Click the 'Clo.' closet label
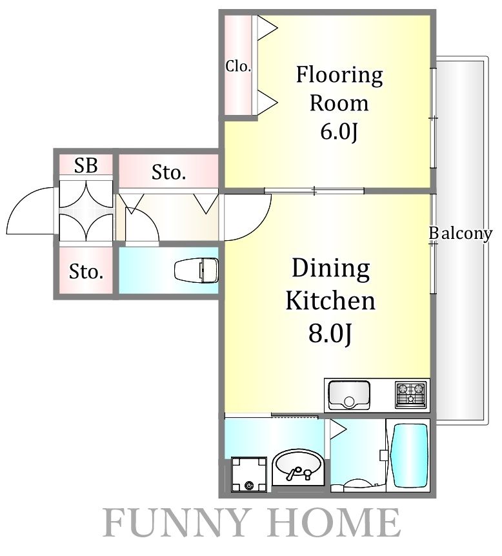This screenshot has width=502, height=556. (x=238, y=67)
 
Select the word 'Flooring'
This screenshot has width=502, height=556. (x=339, y=76)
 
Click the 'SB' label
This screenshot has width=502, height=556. (x=86, y=166)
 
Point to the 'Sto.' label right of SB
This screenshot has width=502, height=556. (x=169, y=172)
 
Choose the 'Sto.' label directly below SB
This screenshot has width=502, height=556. (x=86, y=272)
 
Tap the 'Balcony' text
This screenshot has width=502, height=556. (x=461, y=234)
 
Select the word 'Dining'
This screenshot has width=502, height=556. (x=331, y=269)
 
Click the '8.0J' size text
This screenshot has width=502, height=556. (x=330, y=335)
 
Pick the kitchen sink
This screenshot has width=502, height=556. (x=349, y=394)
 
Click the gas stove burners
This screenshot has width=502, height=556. (x=411, y=393)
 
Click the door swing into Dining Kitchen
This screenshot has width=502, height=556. (x=249, y=217)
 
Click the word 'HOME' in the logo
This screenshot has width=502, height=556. (x=335, y=524)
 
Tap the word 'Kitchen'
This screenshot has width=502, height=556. (x=330, y=301)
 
